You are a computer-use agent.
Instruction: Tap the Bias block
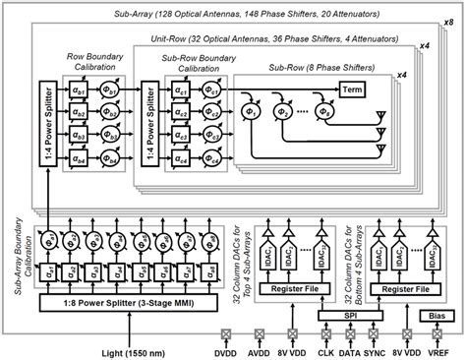[437, 315]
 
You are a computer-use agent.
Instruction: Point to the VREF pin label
[437, 351]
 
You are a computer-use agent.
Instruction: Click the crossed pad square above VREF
[437, 335]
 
